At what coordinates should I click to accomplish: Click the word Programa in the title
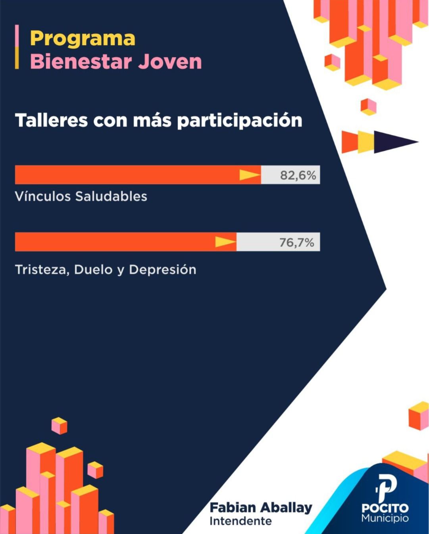[83, 39]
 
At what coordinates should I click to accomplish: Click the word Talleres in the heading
[51, 120]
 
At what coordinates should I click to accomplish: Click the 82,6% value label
[298, 175]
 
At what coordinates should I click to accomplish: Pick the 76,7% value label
[296, 242]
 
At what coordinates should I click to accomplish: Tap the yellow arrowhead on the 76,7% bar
[225, 242]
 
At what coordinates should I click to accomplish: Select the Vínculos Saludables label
[81, 196]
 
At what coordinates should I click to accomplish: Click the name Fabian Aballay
[261, 507]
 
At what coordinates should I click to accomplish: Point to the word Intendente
[240, 521]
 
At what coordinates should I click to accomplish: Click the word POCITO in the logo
[385, 508]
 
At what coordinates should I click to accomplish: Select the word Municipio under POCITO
[385, 518]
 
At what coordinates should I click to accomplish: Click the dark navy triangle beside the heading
[393, 142]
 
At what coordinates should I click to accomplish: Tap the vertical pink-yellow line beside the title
[17, 47]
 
